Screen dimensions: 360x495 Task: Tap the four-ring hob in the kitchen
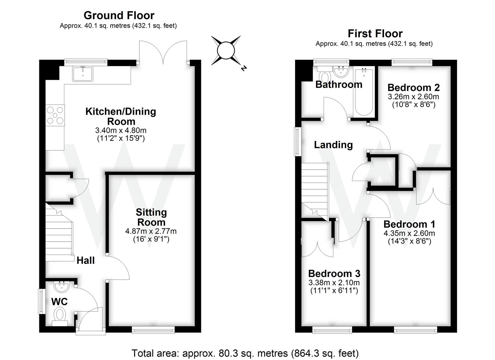(x=55, y=115)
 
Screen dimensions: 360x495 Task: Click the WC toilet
(x=60, y=315)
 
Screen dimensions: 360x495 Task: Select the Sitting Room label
(x=151, y=217)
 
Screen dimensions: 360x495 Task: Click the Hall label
(x=86, y=260)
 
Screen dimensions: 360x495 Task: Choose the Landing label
(x=333, y=145)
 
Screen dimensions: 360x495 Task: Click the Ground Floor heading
(x=119, y=15)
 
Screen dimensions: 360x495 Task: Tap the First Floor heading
(x=375, y=33)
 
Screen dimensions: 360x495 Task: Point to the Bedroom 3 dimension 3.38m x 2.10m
(x=334, y=283)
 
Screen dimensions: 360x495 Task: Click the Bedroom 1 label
(x=409, y=224)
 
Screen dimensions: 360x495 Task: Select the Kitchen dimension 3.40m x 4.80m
(x=121, y=130)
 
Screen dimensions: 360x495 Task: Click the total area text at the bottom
(x=245, y=353)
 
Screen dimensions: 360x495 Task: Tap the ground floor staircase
(x=59, y=233)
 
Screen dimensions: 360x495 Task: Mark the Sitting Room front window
(x=153, y=330)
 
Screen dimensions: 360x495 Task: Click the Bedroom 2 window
(x=412, y=62)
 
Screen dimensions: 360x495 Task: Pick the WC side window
(x=41, y=301)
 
